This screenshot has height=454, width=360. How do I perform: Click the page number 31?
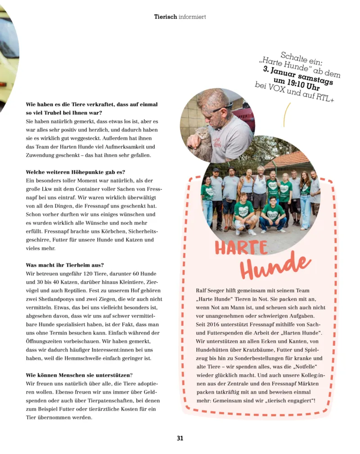180,438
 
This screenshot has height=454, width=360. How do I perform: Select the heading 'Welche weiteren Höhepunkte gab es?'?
75,172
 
